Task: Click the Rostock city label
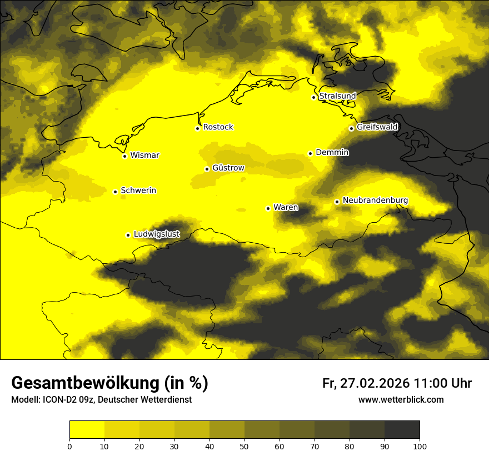218,127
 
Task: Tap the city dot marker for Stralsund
313,97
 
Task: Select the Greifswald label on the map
377,127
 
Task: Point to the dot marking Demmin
310,153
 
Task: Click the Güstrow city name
228,167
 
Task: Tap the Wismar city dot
124,156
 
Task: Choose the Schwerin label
138,191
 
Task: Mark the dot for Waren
268,208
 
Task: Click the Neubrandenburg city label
375,200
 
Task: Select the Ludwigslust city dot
128,235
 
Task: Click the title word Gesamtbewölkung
89,383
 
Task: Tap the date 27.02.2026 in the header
375,383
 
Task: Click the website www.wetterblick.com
401,399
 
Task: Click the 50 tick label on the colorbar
244,446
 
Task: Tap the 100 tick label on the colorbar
420,446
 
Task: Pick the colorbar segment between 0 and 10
87,430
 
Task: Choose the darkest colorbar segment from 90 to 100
402,430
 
